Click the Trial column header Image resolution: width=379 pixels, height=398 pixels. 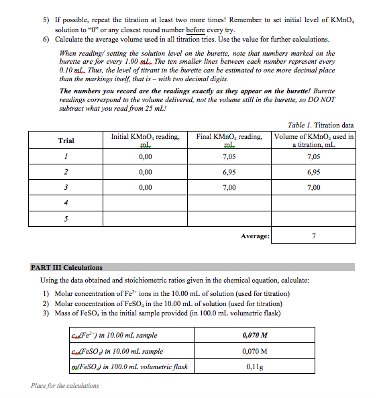(x=66, y=141)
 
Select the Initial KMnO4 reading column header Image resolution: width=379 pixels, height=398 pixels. (x=145, y=140)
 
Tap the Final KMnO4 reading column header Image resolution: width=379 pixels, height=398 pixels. (x=229, y=140)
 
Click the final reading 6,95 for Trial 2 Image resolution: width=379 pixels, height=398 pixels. (x=229, y=172)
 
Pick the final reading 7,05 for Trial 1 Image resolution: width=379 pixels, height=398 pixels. (x=229, y=157)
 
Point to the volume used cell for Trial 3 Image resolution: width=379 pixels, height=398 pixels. (x=314, y=188)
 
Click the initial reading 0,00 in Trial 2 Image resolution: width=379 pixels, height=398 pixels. (x=145, y=172)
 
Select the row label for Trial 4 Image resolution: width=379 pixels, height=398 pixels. (x=66, y=203)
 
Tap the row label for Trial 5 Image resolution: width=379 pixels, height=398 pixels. (x=66, y=219)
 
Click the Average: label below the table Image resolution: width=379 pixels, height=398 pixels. (x=255, y=236)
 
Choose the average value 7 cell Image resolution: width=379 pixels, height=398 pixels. (x=314, y=236)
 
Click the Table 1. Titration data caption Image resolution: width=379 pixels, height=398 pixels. (x=321, y=125)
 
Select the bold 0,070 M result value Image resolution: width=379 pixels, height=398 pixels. (x=254, y=336)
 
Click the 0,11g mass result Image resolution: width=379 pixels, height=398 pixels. (x=254, y=366)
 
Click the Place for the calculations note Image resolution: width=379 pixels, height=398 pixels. (x=65, y=386)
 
